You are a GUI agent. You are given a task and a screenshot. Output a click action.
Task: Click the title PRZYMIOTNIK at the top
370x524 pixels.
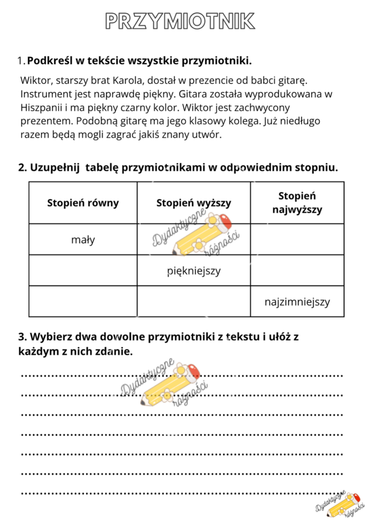click(x=180, y=21)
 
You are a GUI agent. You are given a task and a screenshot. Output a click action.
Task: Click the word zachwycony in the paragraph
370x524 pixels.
click(x=259, y=108)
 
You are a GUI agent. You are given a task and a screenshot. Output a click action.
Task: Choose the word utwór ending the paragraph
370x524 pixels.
click(x=207, y=136)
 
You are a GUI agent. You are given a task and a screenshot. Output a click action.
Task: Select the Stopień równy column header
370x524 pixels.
click(x=83, y=203)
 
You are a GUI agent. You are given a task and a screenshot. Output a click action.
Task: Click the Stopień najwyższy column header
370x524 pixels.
click(x=297, y=203)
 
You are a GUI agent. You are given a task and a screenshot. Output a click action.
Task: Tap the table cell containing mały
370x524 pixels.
click(x=83, y=239)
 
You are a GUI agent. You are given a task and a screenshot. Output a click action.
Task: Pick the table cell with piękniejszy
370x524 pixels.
click(x=194, y=271)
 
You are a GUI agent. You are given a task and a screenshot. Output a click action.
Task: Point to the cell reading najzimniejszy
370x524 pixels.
click(x=297, y=302)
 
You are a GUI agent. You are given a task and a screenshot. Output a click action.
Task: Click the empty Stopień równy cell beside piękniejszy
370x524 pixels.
click(x=83, y=271)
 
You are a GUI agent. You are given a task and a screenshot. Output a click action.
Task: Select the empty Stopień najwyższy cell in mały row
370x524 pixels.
click(x=297, y=239)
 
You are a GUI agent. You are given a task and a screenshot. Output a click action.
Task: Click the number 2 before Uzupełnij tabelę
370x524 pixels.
click(x=22, y=168)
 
